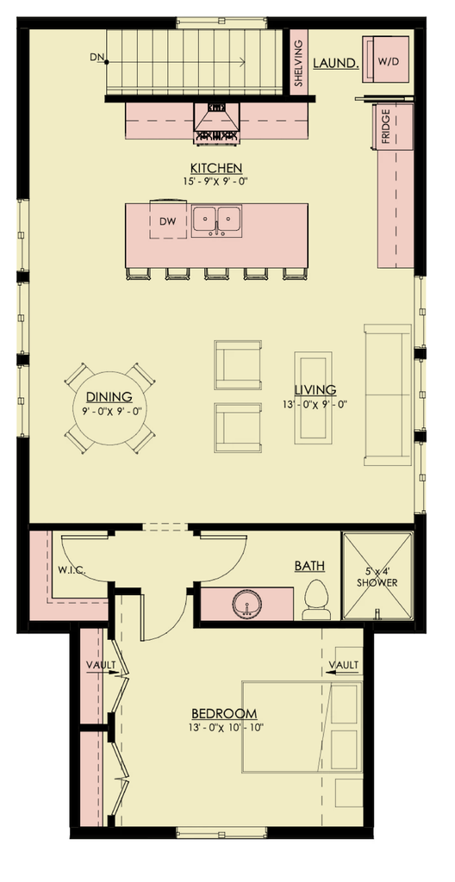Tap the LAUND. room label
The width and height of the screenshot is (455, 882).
coord(335,63)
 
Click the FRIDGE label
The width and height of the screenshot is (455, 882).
coord(385,127)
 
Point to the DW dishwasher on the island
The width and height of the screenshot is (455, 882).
coord(168,221)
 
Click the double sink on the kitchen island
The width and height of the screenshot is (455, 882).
coord(216,220)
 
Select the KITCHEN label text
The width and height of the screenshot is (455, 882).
coord(216,168)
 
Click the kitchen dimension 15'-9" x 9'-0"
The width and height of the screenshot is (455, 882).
coord(216,182)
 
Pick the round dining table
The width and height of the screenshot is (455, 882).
coord(109,407)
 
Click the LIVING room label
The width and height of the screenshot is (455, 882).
coord(315,389)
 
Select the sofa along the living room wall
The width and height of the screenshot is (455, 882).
coord(388,394)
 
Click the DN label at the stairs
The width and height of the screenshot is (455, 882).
coord(96,59)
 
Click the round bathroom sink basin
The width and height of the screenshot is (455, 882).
coord(247,606)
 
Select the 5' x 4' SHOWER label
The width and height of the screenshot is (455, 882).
coord(377,576)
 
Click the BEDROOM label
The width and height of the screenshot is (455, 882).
coord(224,713)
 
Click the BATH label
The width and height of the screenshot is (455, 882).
coord(309,566)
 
